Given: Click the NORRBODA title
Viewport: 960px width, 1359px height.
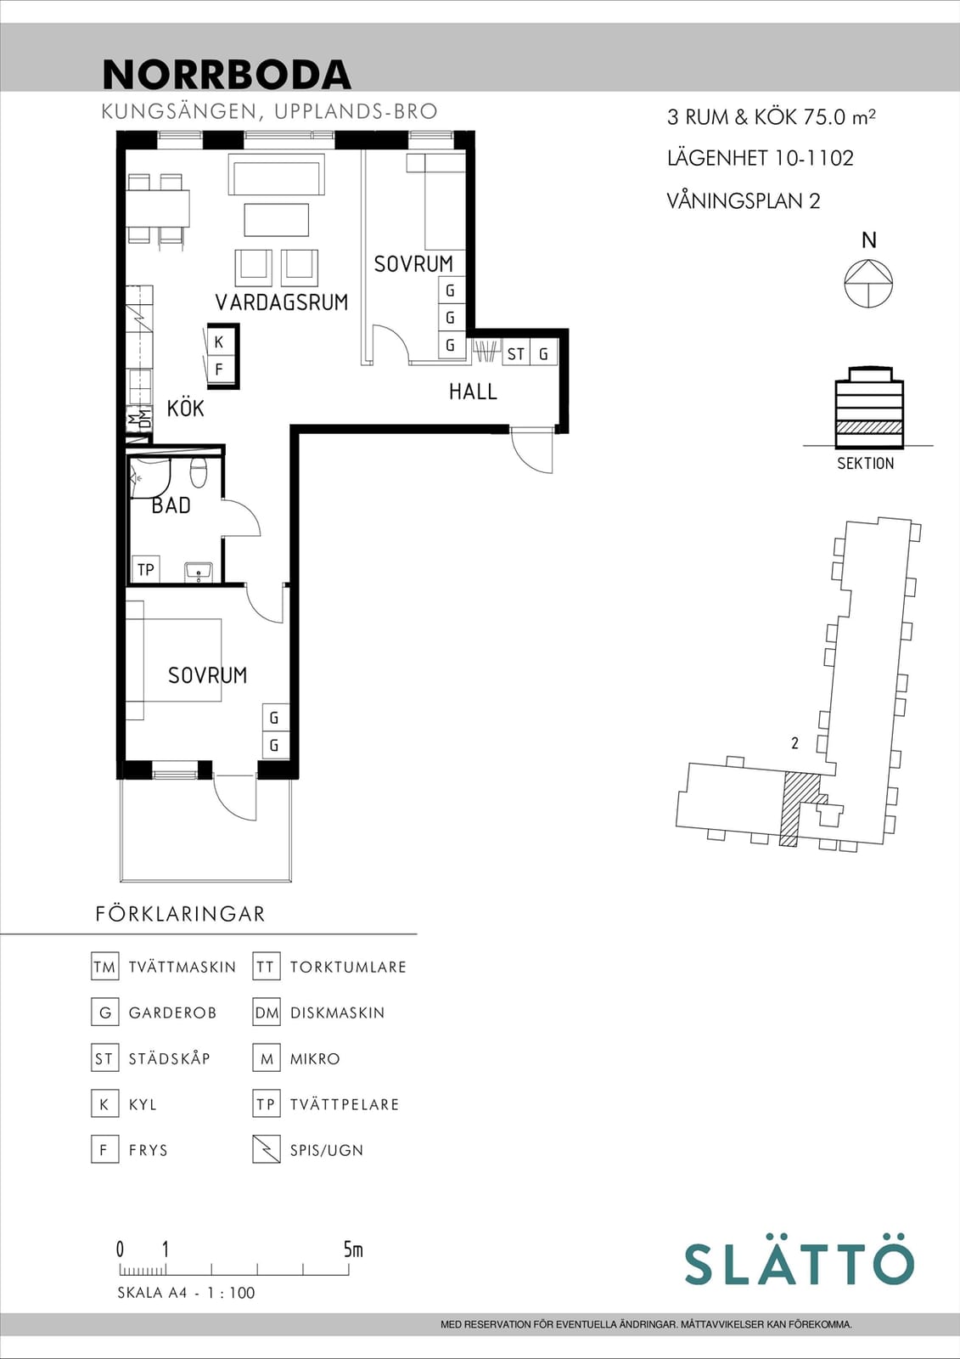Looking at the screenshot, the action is click(227, 75).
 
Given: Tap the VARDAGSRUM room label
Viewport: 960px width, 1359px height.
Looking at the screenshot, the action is click(282, 302).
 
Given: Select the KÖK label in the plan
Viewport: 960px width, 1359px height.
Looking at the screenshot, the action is click(186, 409).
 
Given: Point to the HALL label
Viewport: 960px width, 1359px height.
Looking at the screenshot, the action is click(473, 392).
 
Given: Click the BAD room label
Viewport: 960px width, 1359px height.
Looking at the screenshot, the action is click(171, 505).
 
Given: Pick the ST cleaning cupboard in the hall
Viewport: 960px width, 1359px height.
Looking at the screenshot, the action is click(516, 353).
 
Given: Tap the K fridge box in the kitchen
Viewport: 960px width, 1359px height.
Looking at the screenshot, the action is click(219, 342).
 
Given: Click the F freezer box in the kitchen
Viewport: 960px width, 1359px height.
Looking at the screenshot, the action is click(219, 369).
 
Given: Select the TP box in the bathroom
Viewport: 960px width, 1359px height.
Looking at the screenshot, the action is click(145, 570).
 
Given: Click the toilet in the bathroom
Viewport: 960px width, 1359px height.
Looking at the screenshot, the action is click(199, 473).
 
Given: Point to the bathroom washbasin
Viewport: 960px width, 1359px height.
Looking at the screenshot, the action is click(199, 572).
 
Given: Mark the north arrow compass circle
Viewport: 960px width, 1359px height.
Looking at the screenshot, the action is click(868, 284).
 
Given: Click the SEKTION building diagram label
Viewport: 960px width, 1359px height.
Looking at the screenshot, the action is click(866, 464).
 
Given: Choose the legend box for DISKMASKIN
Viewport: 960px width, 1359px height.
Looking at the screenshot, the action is click(267, 1012).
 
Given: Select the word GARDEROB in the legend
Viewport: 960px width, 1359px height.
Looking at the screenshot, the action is click(172, 1012).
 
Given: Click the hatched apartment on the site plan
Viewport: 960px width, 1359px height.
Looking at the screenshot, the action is click(798, 808).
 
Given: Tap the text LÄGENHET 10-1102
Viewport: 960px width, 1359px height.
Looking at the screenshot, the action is click(761, 158).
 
